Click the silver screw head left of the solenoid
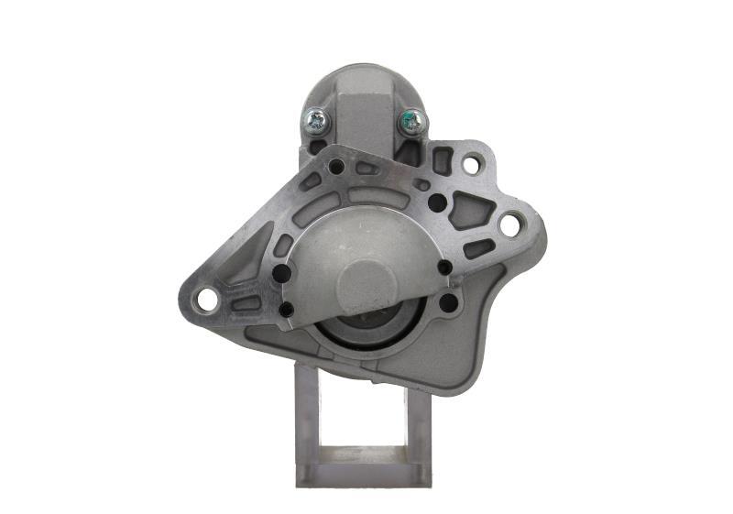(316, 118)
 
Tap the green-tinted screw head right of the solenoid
(412, 120)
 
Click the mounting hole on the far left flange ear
(207, 299)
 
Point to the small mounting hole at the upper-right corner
(471, 165)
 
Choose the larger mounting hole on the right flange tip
(509, 223)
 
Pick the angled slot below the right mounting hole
(477, 248)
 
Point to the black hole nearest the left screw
(336, 167)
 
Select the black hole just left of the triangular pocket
(438, 202)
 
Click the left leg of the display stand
(307, 421)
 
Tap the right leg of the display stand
(420, 421)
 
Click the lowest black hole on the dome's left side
(286, 310)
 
